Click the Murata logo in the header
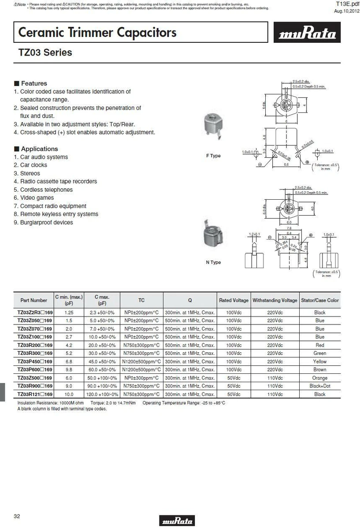(x=308, y=34)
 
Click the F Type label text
(x=213, y=156)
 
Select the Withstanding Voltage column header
(x=275, y=300)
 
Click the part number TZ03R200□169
(x=35, y=345)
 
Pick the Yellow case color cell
(x=320, y=361)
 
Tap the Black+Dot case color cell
(x=320, y=386)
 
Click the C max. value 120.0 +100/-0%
(x=102, y=395)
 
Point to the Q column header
(x=190, y=300)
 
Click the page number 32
(x=17, y=516)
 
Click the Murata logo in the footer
(x=178, y=521)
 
